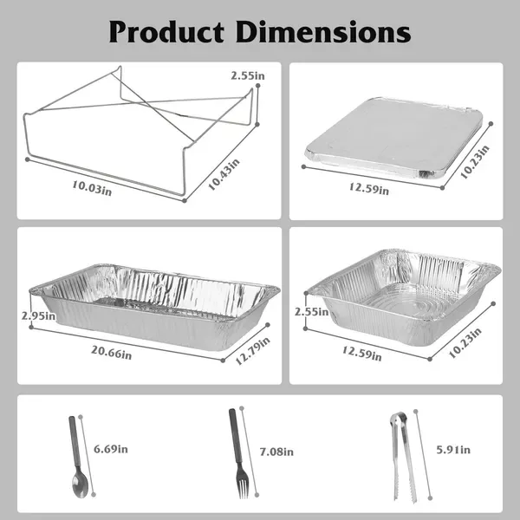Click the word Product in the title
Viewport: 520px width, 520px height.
pyautogui.click(x=166, y=32)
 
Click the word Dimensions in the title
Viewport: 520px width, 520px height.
pyautogui.click(x=323, y=31)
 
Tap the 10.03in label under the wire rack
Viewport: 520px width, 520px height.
pyautogui.click(x=92, y=188)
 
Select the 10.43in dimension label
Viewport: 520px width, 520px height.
pyautogui.click(x=224, y=174)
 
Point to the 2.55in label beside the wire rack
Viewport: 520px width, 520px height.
pyautogui.click(x=248, y=75)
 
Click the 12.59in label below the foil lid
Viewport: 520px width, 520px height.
pyautogui.click(x=369, y=188)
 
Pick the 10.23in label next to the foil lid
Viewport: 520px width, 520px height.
pyautogui.click(x=475, y=162)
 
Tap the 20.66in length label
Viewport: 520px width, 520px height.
pyautogui.click(x=112, y=353)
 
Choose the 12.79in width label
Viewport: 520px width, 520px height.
pyautogui.click(x=253, y=351)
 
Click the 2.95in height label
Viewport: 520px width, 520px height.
pyautogui.click(x=38, y=315)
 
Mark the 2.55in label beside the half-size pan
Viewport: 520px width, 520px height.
pyautogui.click(x=311, y=312)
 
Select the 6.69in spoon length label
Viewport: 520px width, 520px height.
pyautogui.click(x=111, y=449)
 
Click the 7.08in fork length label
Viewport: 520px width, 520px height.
pyautogui.click(x=276, y=452)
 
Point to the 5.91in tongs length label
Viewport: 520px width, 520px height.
pyautogui.click(x=453, y=450)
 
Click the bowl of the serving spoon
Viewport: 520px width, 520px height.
pyautogui.click(x=80, y=484)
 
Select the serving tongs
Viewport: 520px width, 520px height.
pyautogui.click(x=403, y=458)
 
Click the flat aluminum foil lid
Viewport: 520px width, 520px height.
pyautogui.click(x=394, y=138)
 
